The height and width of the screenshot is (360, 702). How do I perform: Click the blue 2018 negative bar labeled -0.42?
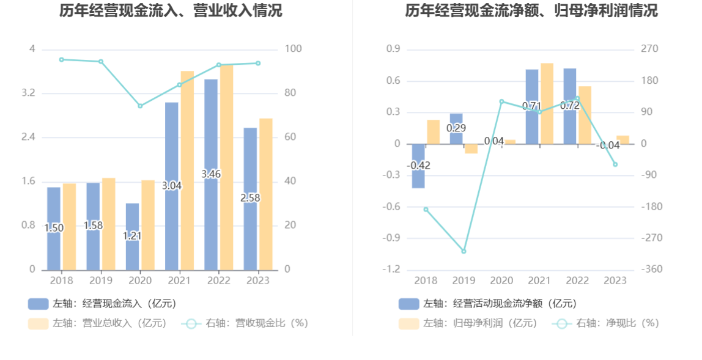point(418,177)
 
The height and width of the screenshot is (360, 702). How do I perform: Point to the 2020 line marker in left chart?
point(140,106)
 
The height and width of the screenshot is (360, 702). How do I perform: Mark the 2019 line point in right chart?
point(464,251)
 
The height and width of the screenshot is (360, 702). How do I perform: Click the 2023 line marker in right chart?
point(615,164)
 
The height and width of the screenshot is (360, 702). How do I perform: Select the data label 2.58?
point(250,198)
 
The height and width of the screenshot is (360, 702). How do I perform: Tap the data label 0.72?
point(570,106)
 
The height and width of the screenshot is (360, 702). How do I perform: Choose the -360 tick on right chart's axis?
point(652,270)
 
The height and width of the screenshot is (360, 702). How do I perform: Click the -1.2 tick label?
point(392,270)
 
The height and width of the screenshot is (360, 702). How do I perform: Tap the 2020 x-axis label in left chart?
point(140,281)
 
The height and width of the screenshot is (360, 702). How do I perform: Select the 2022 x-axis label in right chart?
point(577,281)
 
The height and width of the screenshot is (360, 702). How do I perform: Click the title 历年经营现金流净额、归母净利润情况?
point(531,10)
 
